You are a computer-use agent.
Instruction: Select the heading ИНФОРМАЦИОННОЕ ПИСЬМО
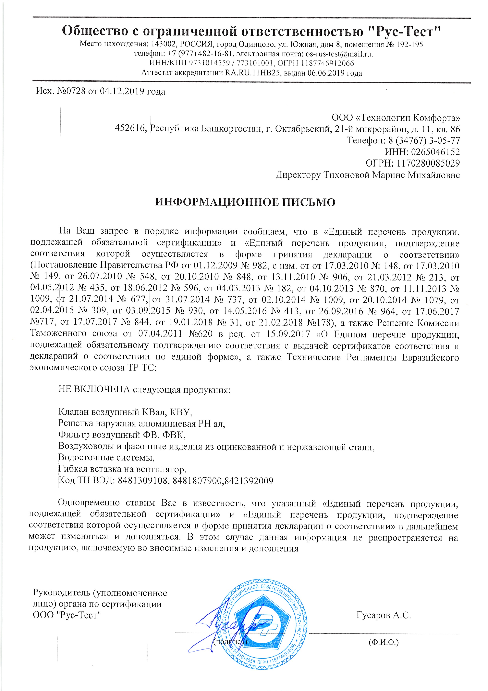click(245, 202)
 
